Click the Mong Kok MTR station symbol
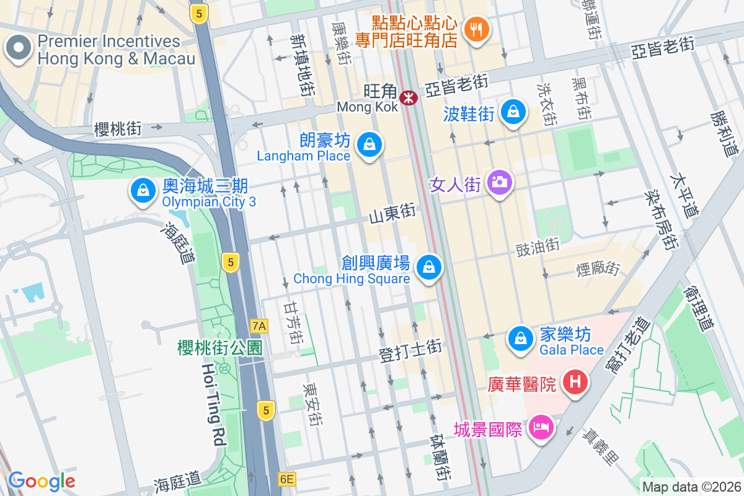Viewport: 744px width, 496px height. (408, 97)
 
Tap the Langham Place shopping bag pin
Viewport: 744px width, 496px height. (370, 144)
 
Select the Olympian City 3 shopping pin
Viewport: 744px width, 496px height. (143, 190)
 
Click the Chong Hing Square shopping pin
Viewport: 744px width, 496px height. (428, 268)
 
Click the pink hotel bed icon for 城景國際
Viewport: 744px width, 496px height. (541, 427)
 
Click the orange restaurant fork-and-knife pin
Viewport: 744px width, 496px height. (476, 29)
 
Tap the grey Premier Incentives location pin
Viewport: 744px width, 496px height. (19, 48)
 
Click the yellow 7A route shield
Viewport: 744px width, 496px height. (259, 325)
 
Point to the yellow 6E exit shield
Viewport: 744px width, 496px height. (286, 479)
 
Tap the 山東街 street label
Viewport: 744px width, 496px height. (392, 215)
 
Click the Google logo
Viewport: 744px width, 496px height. (42, 480)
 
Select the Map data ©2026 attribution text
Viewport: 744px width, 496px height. (691, 487)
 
